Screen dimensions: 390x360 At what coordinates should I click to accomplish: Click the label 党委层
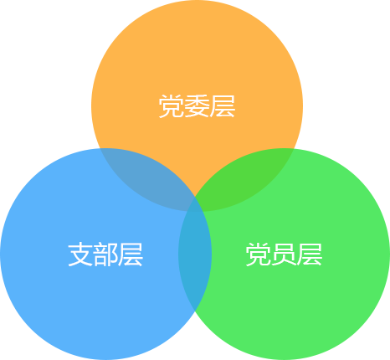pyautogui.click(x=197, y=106)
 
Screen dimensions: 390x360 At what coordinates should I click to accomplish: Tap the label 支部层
pyautogui.click(x=105, y=255)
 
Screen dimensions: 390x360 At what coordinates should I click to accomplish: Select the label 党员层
pyautogui.click(x=284, y=255)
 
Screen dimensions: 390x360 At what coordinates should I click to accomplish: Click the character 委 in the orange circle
pyautogui.click(x=197, y=106)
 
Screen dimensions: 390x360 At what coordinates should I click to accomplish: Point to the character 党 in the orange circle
pyautogui.click(x=171, y=106)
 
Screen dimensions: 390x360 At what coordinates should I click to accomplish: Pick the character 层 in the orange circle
pyautogui.click(x=223, y=106)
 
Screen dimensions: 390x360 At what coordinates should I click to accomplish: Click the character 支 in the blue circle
pyautogui.click(x=80, y=255)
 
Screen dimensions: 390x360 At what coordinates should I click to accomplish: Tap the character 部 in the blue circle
pyautogui.click(x=105, y=255)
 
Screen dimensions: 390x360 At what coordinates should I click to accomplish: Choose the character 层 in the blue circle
pyautogui.click(x=131, y=255)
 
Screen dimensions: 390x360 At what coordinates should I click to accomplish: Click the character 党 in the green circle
pyautogui.click(x=258, y=255)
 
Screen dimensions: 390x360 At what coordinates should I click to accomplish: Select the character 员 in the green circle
pyautogui.click(x=284, y=255)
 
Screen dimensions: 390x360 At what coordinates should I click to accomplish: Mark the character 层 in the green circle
pyautogui.click(x=310, y=255)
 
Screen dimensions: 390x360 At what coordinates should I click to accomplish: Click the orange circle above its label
pyautogui.click(x=197, y=50)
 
